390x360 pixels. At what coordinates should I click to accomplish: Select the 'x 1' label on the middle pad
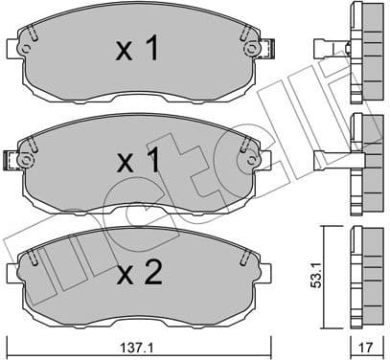point(137,162)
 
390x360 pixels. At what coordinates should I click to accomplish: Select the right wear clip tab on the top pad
point(269,46)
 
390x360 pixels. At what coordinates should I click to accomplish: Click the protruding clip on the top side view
point(329,46)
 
